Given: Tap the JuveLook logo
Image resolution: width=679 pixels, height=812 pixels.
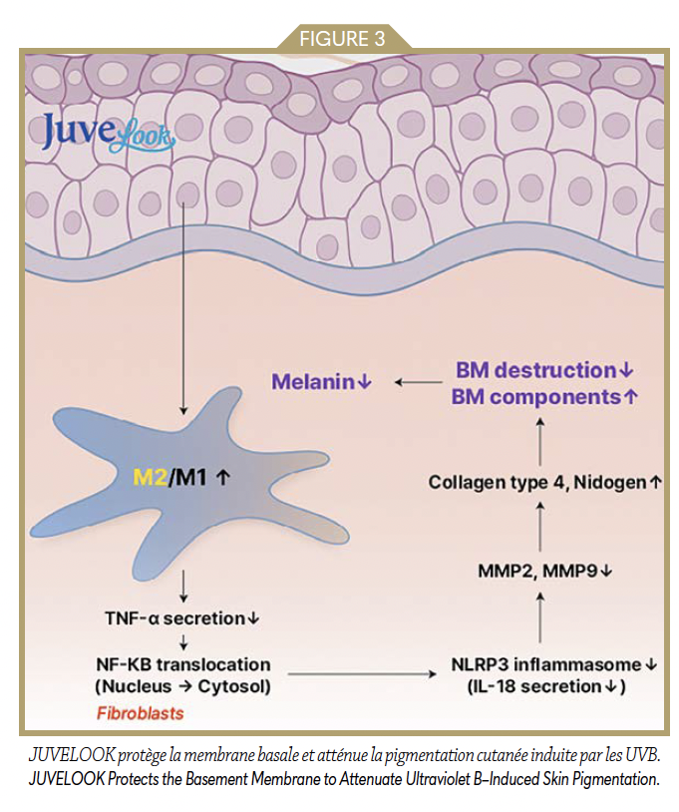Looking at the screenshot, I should coord(108,134).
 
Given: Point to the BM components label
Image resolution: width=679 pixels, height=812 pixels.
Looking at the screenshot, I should coord(538,395).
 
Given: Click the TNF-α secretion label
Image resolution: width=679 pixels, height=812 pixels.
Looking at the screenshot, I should coord(174,618).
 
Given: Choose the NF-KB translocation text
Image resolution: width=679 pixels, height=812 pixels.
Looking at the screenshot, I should coord(181,664).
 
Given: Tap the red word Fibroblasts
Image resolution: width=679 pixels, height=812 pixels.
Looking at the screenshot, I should coord(140,713).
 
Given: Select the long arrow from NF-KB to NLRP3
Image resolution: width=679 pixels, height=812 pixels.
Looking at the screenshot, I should coord(363,675).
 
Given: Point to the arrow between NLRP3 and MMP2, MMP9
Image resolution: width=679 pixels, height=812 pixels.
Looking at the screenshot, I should coord(539,617).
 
